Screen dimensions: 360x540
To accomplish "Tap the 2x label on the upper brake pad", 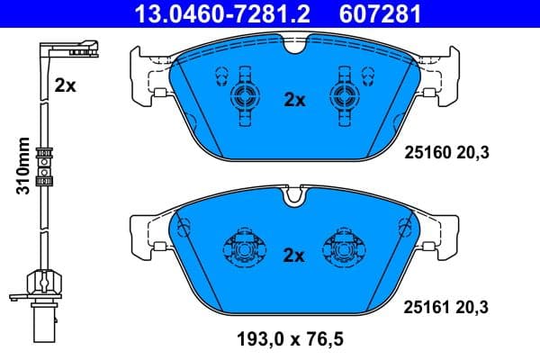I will [295, 101].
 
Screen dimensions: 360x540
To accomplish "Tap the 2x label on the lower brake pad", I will [295, 255].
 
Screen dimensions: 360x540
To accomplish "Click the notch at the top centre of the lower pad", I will [293, 192].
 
